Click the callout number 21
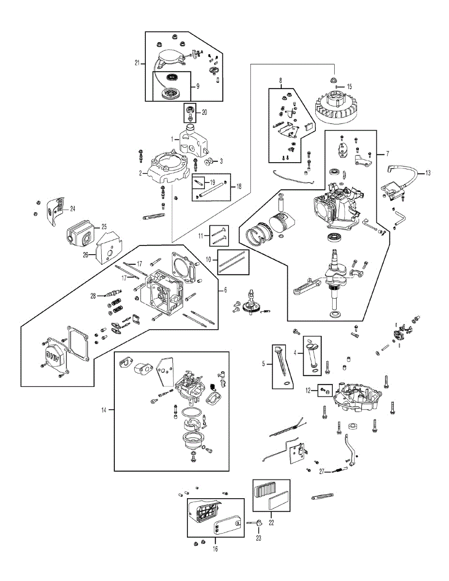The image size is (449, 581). pos(137,63)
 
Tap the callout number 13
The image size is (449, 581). pos(427,172)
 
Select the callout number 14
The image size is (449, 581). pos(103,410)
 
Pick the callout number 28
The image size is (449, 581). pos(93,295)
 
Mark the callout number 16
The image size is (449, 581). pos(216,549)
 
